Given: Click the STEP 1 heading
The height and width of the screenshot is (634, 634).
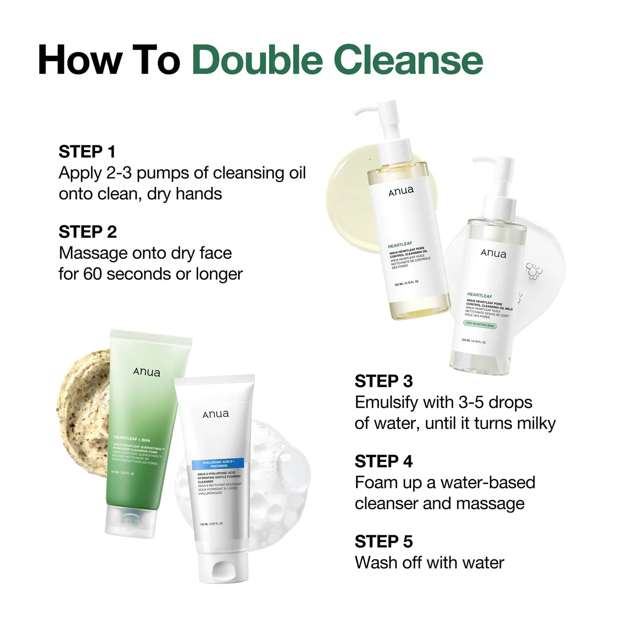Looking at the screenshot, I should click(87, 152).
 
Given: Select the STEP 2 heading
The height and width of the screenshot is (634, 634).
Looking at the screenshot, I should click(88, 232).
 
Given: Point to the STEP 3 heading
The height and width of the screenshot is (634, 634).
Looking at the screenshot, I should click(384, 381).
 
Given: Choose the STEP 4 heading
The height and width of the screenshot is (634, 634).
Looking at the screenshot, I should click(384, 461).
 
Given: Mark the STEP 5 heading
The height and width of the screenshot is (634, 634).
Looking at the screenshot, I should click(384, 542).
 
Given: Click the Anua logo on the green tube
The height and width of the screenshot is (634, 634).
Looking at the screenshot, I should click(146, 372).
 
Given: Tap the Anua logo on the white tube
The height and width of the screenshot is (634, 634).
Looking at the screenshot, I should click(216, 414).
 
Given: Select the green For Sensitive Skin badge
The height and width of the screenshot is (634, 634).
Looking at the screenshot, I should click(480, 324).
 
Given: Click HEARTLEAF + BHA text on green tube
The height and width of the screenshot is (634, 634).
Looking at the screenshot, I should click(132, 439).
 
